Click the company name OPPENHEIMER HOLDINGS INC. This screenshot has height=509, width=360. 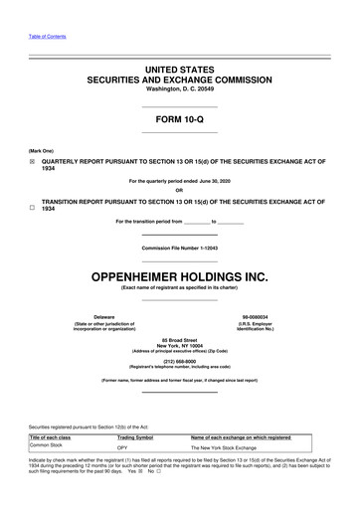click(180, 269)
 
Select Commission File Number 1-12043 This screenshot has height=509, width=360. click(180, 246)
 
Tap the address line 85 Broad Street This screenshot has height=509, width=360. click(180, 339)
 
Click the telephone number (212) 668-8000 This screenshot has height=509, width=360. click(180, 361)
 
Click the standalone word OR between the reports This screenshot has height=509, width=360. click(180, 192)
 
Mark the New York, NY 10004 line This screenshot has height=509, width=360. click(180, 345)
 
